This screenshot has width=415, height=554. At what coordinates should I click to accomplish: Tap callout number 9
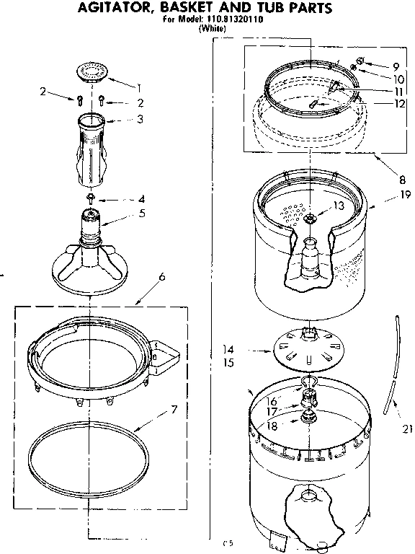point(395,66)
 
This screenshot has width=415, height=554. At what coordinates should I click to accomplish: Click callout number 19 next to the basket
point(395,195)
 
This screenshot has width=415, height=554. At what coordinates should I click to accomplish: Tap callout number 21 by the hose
point(406,431)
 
